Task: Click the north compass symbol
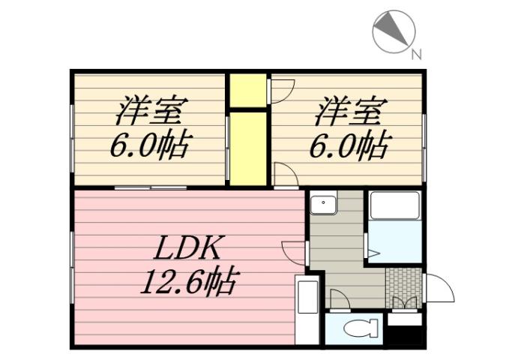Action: (x=394, y=32)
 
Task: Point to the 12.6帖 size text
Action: (x=188, y=282)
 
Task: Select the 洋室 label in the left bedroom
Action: (x=149, y=111)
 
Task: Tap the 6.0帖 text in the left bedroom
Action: (x=149, y=144)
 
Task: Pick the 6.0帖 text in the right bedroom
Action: (x=348, y=144)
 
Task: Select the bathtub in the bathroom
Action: (x=394, y=205)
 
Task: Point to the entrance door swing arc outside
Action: (x=439, y=288)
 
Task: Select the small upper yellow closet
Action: (x=248, y=90)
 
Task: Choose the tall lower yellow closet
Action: (x=248, y=148)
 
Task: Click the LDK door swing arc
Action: (x=294, y=252)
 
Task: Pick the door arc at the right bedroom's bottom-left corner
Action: (x=285, y=175)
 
